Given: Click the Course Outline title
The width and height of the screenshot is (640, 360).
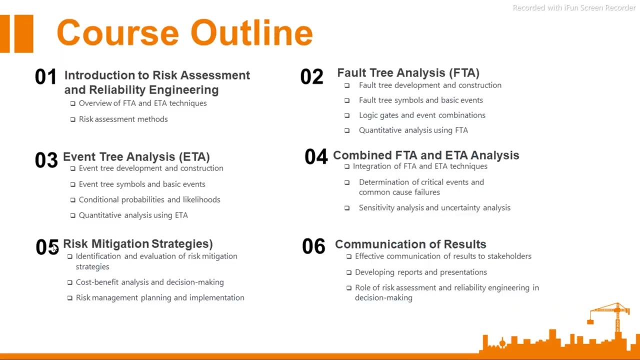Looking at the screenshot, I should click(184, 33).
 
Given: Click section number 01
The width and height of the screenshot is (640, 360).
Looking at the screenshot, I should click(45, 77).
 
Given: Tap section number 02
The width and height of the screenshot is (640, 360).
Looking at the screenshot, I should click(311, 77).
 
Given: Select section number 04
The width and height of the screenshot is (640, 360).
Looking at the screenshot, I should click(315, 157).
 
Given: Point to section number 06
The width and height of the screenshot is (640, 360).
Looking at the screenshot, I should click(313, 246).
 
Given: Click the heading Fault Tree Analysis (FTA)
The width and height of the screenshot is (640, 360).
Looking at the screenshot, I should click(408, 73).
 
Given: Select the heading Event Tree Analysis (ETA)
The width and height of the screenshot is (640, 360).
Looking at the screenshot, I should click(136, 157).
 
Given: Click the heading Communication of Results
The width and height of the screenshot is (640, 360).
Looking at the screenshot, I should click(410, 244).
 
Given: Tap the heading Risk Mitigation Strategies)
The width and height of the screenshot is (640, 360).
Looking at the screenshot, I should click(137, 243).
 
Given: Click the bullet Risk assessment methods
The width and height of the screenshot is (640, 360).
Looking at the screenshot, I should click(123, 119).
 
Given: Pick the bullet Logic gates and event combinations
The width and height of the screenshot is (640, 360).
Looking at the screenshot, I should click(421, 115).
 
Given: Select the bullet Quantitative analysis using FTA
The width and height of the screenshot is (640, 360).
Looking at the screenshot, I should click(413, 130).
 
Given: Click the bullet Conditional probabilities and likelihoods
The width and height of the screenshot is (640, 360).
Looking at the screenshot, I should click(149, 199).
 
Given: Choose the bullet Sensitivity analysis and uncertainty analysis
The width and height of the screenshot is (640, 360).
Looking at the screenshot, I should click(434, 207).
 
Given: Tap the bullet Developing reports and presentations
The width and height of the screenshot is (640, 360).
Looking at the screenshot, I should click(420, 272).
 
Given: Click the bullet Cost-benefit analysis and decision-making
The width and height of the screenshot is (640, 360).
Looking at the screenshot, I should click(149, 282).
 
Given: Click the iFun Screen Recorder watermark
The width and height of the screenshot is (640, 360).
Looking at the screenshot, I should click(574, 7).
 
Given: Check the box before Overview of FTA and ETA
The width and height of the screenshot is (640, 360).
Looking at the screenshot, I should click(73, 103).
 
